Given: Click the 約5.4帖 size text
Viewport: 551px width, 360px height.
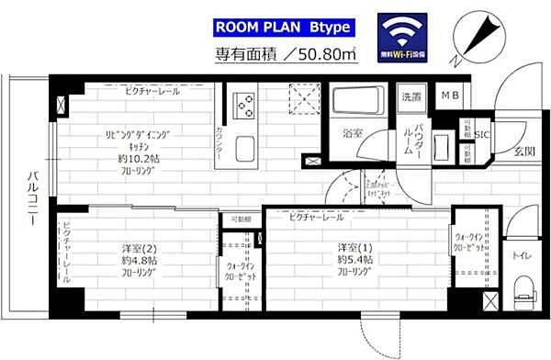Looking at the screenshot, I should (x=353, y=259).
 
